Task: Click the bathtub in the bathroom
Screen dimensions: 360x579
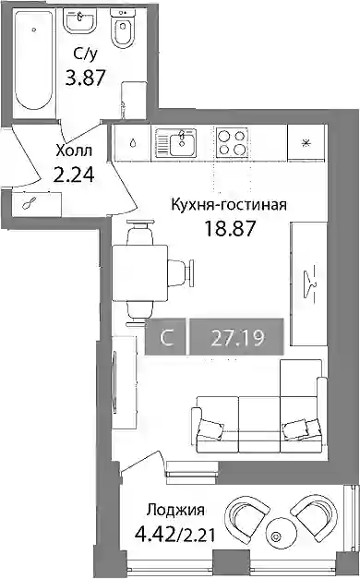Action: pyautogui.click(x=33, y=60)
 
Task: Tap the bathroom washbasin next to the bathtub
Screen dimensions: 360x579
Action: pyautogui.click(x=79, y=21)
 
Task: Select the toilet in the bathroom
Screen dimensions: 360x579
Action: pyautogui.click(x=123, y=30)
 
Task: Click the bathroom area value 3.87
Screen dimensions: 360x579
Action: pyautogui.click(x=86, y=78)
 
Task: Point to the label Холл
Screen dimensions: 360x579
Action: pyautogui.click(x=74, y=151)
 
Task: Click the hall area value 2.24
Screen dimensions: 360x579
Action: pyautogui.click(x=74, y=175)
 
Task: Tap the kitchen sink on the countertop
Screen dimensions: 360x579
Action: pyautogui.click(x=175, y=143)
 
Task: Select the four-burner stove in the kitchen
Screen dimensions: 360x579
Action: pyautogui.click(x=232, y=143)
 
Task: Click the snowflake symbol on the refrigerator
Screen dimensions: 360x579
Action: pyautogui.click(x=306, y=143)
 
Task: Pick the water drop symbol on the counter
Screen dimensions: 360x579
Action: pyautogui.click(x=133, y=143)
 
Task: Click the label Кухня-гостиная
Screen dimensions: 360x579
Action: pyautogui.click(x=229, y=204)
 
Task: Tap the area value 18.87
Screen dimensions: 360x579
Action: pyautogui.click(x=230, y=229)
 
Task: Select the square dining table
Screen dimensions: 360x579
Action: pyautogui.click(x=140, y=273)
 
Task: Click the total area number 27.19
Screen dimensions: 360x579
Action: pyautogui.click(x=237, y=337)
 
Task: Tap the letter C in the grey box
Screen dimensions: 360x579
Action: pyautogui.click(x=167, y=337)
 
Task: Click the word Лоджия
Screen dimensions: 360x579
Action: pyautogui.click(x=175, y=510)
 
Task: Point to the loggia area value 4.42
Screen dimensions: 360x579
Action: pyautogui.click(x=154, y=534)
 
